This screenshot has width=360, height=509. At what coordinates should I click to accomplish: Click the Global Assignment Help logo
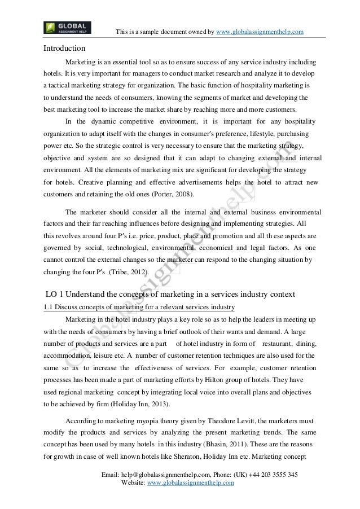pos(67,27)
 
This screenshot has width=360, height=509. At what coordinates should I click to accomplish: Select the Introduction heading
pos(65,48)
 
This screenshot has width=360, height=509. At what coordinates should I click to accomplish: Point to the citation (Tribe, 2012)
pos(130,272)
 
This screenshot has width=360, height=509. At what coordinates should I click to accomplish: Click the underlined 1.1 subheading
pos(139,306)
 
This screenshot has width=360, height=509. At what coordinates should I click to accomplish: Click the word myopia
pos(142,420)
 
